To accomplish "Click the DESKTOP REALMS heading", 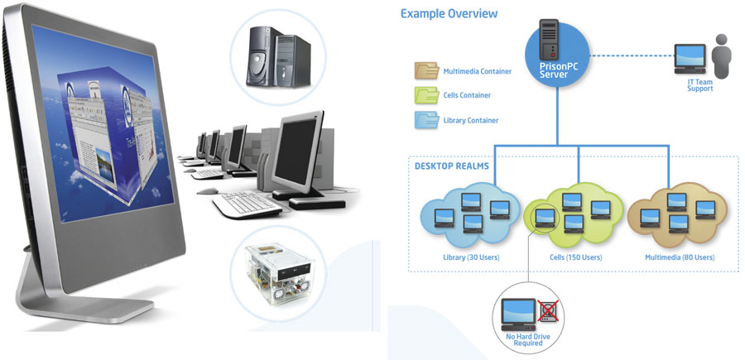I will (x=450, y=166).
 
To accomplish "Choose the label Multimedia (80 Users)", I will (x=680, y=257).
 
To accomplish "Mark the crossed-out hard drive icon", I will (x=547, y=312).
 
